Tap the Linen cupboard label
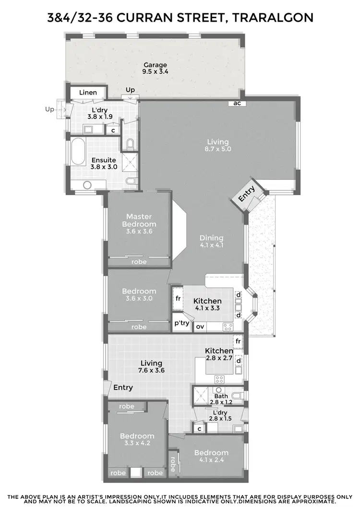point(88,93)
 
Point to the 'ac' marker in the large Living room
point(237,103)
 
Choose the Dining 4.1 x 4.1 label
point(212,241)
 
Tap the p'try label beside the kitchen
point(181,323)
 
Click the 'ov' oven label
point(200,327)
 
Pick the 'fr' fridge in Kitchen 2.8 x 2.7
point(238,341)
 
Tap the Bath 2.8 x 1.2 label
point(221,399)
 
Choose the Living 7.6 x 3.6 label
point(151,367)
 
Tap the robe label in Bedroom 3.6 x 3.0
point(139,327)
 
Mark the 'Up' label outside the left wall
point(50,109)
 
